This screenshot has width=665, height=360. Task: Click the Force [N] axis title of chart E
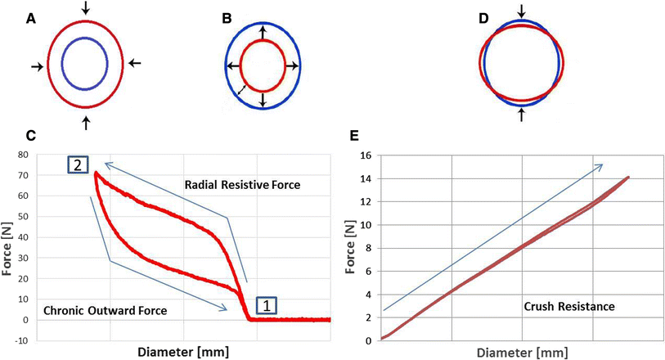point(348,246)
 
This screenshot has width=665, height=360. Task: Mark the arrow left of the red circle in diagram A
point(36,66)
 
